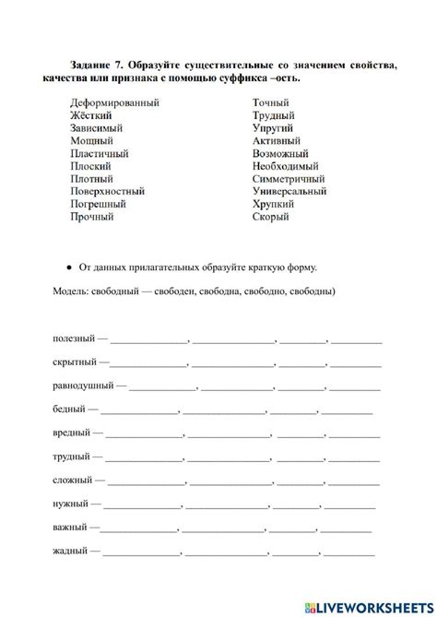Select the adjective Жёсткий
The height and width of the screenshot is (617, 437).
click(x=91, y=116)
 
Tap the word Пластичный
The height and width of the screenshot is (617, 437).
click(x=100, y=154)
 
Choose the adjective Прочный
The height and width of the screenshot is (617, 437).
click(x=92, y=217)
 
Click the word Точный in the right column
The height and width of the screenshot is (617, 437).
click(x=271, y=104)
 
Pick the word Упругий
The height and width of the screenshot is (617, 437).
click(x=274, y=129)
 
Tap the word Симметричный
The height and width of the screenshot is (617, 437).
click(x=289, y=179)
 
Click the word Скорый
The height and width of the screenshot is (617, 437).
click(x=270, y=217)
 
